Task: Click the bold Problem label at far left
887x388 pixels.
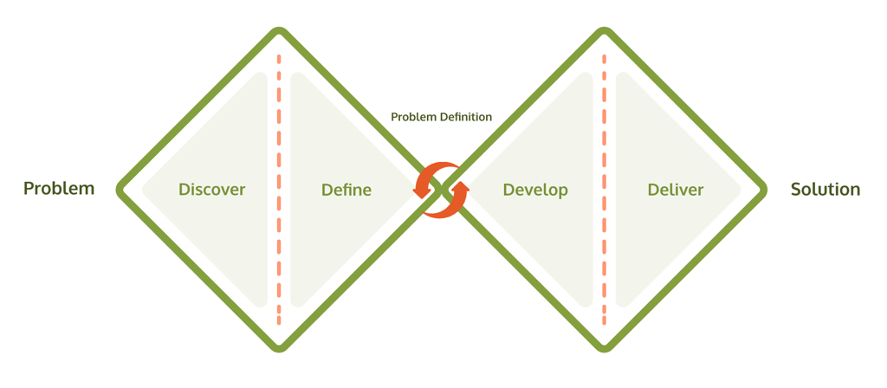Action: pos(59,189)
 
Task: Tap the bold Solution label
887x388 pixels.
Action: pos(825,189)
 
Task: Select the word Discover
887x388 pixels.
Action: pos(211,190)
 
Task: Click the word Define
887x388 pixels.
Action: pos(346,190)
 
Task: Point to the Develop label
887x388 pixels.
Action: pos(535,190)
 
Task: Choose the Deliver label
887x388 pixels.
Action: pos(676,190)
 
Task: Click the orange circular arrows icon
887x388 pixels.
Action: pos(441,190)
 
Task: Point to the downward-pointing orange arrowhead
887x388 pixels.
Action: pos(422,191)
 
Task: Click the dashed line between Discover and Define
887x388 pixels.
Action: pos(279,190)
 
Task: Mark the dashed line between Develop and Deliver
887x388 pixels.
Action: pos(604,190)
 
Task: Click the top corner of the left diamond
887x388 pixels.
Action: pos(279,32)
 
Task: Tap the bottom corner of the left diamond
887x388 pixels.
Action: pos(279,347)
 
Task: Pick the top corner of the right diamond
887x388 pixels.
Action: pos(604,32)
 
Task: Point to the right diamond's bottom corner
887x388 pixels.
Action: pos(604,347)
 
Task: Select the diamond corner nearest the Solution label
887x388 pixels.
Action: pos(763,190)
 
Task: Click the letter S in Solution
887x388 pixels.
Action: pos(796,189)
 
